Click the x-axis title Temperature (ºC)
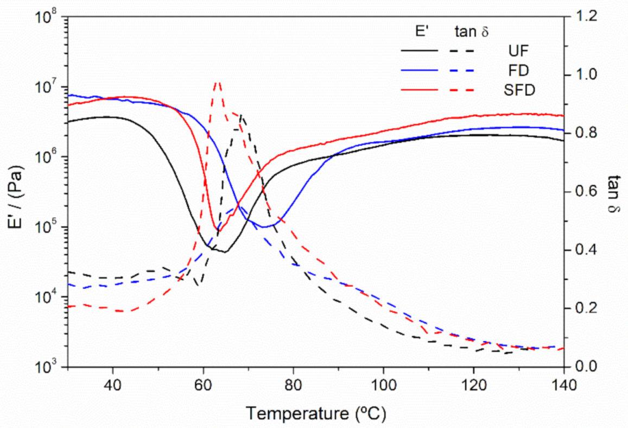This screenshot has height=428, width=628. [316, 414]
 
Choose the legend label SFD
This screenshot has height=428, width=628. [518, 90]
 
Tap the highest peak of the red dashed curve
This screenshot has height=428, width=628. [217, 81]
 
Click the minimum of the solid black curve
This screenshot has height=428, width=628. [225, 251]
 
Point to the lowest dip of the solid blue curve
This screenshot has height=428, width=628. [265, 226]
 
